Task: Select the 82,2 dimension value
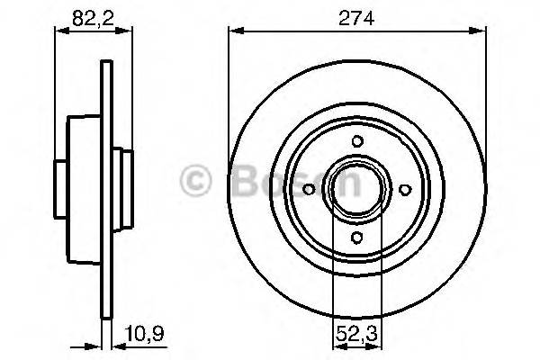coord(85,14)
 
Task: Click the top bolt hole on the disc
coord(356,140)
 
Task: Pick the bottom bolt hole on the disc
coord(356,236)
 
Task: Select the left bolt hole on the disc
coord(309,189)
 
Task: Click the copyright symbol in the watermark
coord(197,180)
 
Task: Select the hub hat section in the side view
coord(85,189)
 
